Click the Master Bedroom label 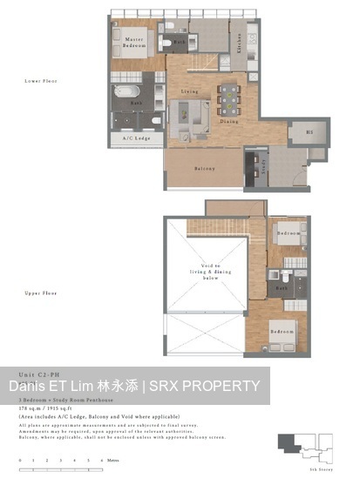(x=134, y=41)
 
